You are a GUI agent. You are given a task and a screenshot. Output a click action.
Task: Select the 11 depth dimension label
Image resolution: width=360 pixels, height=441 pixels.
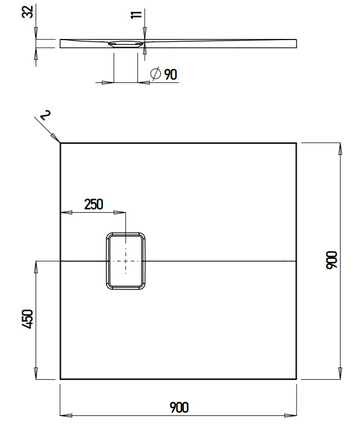[136, 15]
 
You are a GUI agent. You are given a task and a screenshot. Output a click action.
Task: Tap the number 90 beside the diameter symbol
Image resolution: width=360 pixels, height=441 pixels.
[170, 74]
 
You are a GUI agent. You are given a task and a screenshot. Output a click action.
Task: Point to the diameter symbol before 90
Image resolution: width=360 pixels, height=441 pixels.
[156, 73]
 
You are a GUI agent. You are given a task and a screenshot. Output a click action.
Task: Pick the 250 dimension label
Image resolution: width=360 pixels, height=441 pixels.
[93, 204]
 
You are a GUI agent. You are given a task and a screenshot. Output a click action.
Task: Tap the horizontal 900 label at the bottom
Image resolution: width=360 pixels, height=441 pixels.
[179, 408]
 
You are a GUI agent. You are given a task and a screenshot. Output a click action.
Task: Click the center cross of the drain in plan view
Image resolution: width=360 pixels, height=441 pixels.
[126, 261]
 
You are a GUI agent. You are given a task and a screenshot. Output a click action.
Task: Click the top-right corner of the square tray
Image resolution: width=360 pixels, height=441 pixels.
[296, 144]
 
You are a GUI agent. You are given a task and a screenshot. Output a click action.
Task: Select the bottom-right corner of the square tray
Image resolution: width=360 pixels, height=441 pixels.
[296, 379]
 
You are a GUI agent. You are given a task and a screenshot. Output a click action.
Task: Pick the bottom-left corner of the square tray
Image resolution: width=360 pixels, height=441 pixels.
[60, 379]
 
